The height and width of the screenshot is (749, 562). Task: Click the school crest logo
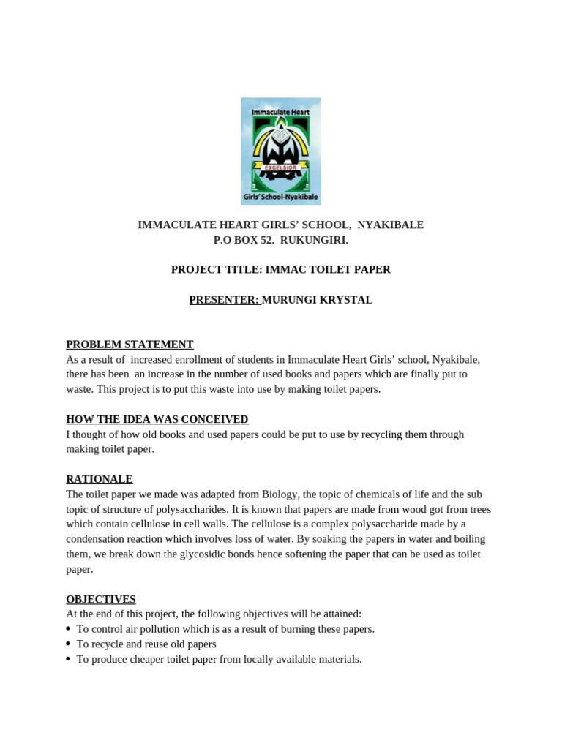point(281,151)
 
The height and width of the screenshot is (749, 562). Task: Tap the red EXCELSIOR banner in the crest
point(280,168)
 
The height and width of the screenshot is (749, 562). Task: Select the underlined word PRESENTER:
point(224,300)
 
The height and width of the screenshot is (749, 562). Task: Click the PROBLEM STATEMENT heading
point(130,345)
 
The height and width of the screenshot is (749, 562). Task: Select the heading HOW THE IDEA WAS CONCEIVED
point(157,419)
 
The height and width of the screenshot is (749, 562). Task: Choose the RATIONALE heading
point(100,479)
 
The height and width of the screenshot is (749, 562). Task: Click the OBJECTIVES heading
point(101,599)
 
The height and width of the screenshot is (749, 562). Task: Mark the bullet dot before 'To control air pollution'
point(68,629)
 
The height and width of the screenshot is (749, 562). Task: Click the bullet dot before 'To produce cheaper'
point(68,659)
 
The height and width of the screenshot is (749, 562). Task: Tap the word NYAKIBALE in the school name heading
point(390,225)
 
